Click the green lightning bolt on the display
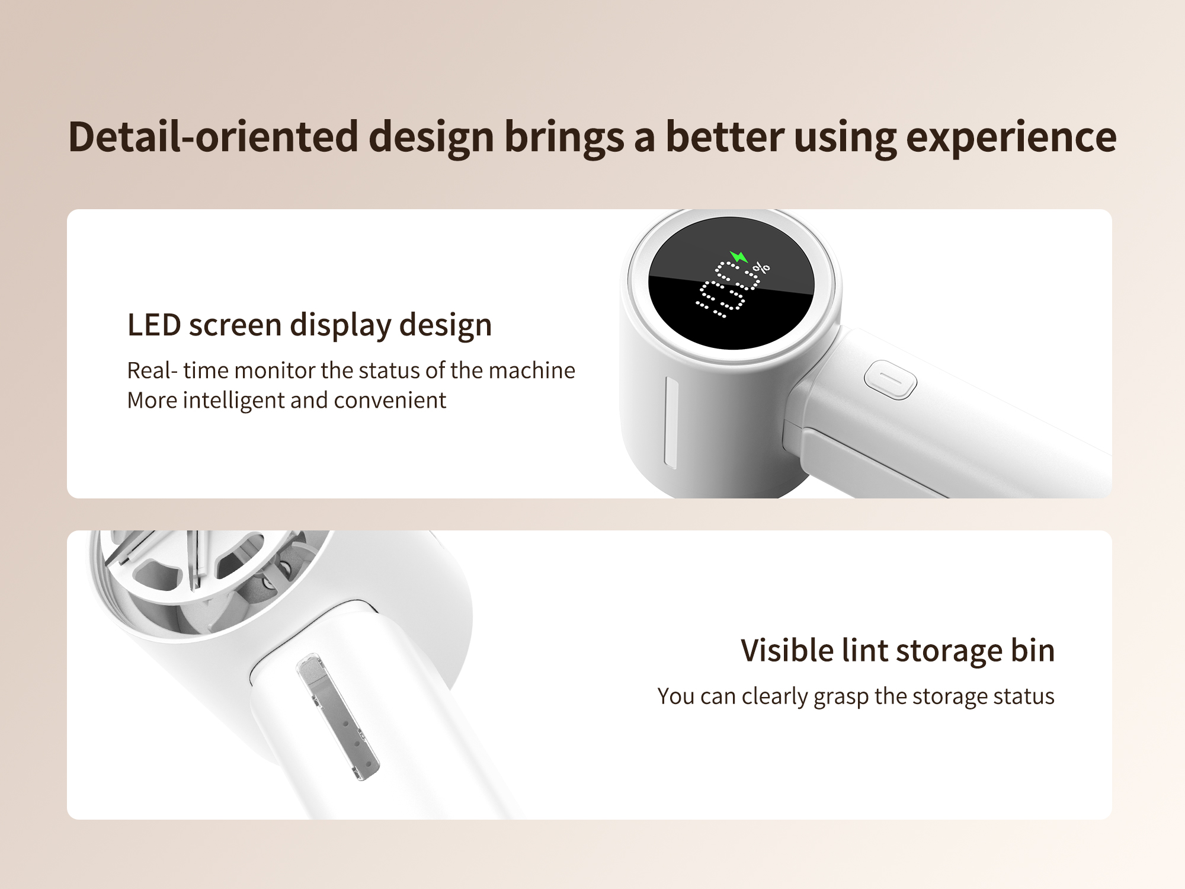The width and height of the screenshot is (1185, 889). pyautogui.click(x=739, y=257)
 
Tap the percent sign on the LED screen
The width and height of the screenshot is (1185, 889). pyautogui.click(x=761, y=268)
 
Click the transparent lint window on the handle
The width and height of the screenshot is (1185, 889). pyautogui.click(x=337, y=717)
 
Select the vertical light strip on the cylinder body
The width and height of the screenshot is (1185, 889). pyautogui.click(x=671, y=423)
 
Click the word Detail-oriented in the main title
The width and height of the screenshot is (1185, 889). pyautogui.click(x=213, y=137)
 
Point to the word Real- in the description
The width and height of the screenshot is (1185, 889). pyautogui.click(x=152, y=370)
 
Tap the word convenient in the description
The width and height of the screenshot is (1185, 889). pyautogui.click(x=390, y=401)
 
